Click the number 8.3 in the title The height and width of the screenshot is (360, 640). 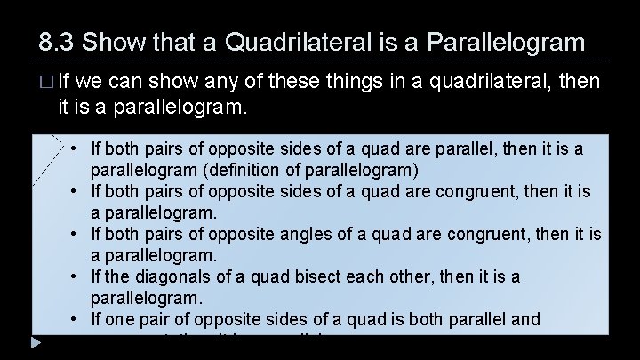click(x=56, y=42)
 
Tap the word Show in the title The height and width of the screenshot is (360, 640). click(x=114, y=42)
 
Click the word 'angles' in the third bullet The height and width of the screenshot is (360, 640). click(x=316, y=235)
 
